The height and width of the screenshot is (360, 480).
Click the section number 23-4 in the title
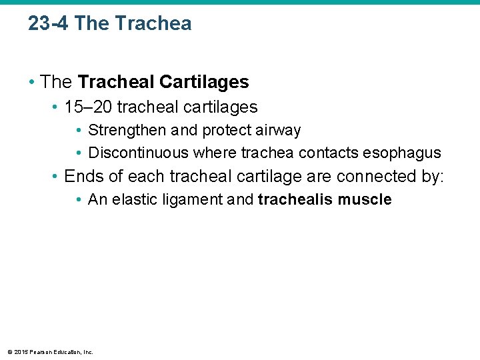49,23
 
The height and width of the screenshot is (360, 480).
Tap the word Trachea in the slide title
153,23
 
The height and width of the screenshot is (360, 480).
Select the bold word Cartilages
204,82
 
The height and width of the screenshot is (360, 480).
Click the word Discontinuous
139,153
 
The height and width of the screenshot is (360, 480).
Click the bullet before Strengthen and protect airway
79,130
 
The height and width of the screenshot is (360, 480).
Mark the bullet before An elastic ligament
79,199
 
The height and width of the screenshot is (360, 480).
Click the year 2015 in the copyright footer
19,352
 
